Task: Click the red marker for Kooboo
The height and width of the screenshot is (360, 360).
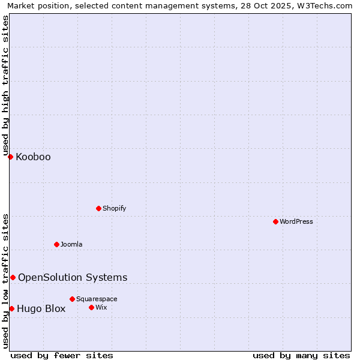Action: click(10, 157)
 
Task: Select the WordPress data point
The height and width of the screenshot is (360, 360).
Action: click(275, 221)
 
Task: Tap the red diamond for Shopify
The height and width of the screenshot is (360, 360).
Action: click(98, 208)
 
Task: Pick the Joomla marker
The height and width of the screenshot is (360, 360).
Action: click(56, 244)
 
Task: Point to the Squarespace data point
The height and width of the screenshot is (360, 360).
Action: click(72, 299)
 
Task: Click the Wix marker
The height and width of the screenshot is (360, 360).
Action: click(91, 307)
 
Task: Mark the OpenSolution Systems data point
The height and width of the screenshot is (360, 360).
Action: click(13, 277)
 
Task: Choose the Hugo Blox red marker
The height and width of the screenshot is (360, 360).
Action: click(11, 308)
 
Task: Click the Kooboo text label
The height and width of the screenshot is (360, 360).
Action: click(33, 157)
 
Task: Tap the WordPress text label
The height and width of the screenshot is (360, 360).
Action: click(296, 221)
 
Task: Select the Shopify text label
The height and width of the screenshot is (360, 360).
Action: click(114, 208)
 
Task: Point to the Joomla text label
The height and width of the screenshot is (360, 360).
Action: click(71, 244)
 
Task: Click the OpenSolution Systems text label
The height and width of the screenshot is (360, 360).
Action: click(73, 277)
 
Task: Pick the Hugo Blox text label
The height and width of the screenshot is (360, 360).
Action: click(41, 309)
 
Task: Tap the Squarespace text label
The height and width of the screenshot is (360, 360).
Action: click(97, 299)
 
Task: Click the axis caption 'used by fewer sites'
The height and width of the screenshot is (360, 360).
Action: click(62, 355)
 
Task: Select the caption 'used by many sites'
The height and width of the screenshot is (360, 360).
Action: click(301, 355)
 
